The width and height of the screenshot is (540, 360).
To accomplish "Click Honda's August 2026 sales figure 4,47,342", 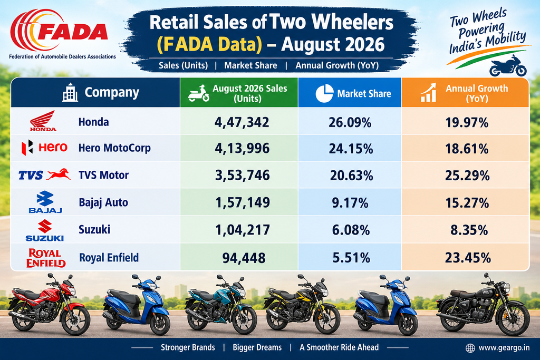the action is [242, 122].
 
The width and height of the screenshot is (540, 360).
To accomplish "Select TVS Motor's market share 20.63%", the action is [351, 176].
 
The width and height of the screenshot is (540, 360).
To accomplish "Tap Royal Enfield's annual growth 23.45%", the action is [468, 257].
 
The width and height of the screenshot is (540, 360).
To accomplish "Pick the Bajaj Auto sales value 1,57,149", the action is [243, 202].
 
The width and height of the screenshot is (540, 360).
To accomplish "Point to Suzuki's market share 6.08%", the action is [351, 230].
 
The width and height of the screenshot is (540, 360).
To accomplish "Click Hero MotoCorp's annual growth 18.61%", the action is [467, 149].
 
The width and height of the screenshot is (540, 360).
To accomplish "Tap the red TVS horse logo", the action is [59, 174].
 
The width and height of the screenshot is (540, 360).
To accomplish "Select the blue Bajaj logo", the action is [45, 202].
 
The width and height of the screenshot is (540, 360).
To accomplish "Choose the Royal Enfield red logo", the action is [46, 258].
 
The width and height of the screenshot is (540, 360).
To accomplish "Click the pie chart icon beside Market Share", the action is [324, 93].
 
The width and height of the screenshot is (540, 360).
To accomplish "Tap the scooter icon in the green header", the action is [199, 93].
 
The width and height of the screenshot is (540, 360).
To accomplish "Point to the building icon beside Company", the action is [70, 92].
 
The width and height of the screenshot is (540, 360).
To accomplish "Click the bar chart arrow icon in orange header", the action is [428, 93].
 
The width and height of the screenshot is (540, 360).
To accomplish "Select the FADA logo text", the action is [72, 32].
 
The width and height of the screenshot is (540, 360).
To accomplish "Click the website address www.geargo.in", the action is [504, 347].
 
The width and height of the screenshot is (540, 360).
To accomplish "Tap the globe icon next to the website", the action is [470, 348].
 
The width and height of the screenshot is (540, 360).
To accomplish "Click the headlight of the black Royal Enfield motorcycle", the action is [505, 287].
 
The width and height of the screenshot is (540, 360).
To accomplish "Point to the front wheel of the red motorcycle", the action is [76, 320].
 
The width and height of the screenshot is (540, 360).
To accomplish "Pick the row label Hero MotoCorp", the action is [114, 148].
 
